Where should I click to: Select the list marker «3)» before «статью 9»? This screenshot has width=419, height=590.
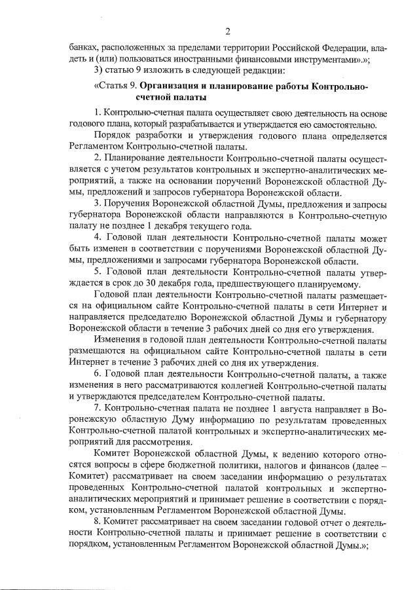pos(100,70)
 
